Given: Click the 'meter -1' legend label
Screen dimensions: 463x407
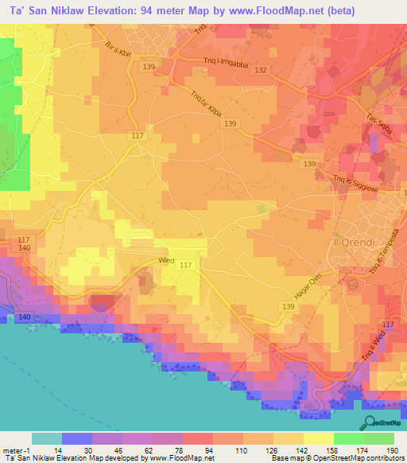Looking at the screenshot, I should [x=15, y=450].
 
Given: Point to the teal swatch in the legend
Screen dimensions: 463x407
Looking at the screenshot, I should [x=46, y=438].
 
